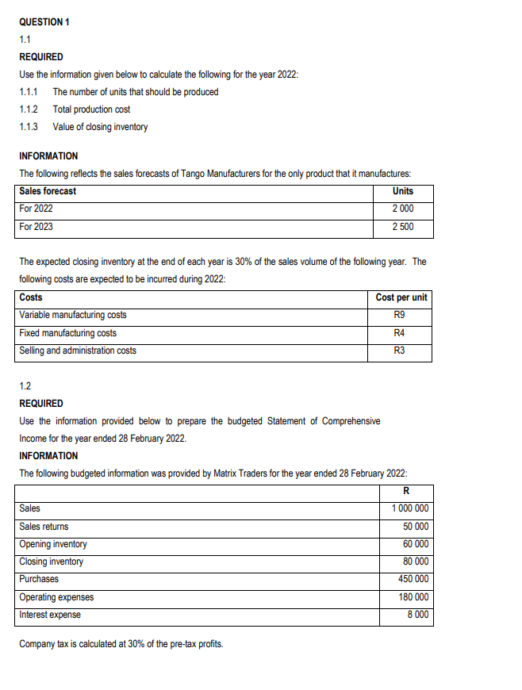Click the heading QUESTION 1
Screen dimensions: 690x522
pos(44,21)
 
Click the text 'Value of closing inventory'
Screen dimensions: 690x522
pos(100,127)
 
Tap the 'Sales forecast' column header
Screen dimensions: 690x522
pos(48,191)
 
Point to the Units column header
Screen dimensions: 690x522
pos(402,191)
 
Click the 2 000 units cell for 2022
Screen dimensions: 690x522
pos(402,209)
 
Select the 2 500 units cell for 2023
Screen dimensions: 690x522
pos(402,227)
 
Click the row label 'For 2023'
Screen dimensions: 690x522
pos(36,227)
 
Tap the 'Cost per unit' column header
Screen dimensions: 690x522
pos(401,297)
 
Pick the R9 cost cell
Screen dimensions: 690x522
pos(401,316)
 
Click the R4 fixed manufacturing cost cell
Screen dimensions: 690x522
pos(401,333)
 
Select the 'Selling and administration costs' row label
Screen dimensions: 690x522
pos(78,351)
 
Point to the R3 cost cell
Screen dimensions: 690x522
pos(401,351)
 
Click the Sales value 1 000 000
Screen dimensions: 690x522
pos(410,508)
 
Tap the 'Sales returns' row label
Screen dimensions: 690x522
pos(44,527)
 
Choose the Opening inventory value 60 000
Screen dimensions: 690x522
pos(416,544)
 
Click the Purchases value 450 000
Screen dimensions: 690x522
pos(413,579)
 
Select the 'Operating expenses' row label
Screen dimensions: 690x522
pos(56,597)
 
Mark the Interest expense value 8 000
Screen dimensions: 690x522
pos(418,615)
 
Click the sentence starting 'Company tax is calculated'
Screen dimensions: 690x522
pos(121,643)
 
